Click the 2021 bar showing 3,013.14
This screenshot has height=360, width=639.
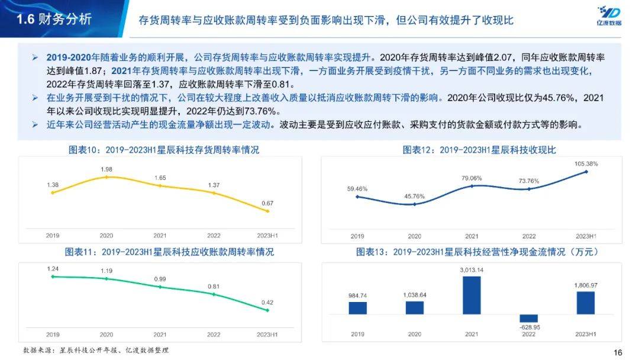click(x=472, y=295)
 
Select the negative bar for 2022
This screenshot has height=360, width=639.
click(x=528, y=319)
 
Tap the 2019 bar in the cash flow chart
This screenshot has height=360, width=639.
click(x=357, y=308)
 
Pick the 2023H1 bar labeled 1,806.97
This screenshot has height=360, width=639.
click(x=585, y=303)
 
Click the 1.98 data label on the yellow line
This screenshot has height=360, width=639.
click(x=106, y=170)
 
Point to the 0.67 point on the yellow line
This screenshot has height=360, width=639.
click(x=267, y=211)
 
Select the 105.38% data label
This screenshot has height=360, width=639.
click(x=586, y=163)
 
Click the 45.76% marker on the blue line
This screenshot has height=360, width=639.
click(x=414, y=204)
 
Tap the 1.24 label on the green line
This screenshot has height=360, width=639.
click(x=53, y=269)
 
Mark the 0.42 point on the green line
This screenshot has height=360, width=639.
click(x=267, y=310)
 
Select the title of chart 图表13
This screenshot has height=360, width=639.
click(x=478, y=252)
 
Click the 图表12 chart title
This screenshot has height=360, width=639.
click(x=479, y=150)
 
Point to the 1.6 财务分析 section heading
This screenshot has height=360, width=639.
click(x=54, y=19)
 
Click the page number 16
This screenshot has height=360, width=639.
click(x=618, y=352)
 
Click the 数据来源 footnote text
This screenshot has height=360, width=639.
click(x=95, y=350)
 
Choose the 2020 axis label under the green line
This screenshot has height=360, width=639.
click(x=106, y=335)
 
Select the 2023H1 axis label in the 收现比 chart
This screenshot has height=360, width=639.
click(x=585, y=235)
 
